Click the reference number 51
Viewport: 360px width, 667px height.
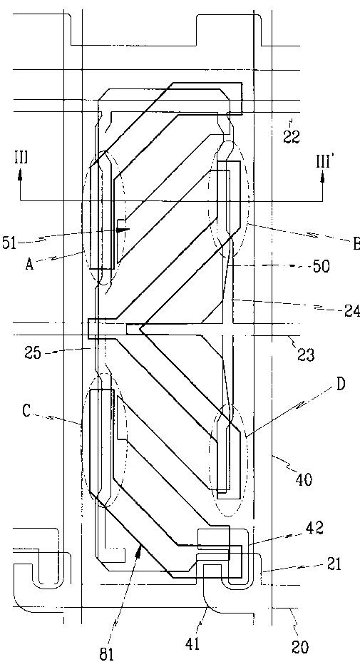9,245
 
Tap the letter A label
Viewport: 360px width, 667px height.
29,265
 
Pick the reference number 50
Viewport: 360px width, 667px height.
322,267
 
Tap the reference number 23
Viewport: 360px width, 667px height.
305,354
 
